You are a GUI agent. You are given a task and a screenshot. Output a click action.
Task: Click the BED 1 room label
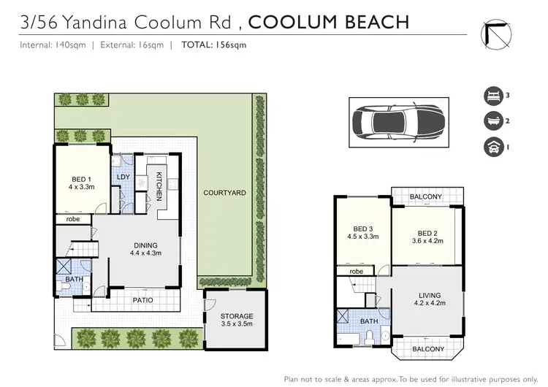80,181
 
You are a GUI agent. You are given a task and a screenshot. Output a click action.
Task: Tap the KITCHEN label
159,186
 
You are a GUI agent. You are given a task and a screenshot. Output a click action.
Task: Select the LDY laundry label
123,177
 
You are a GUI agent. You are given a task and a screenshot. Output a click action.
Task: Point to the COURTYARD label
224,192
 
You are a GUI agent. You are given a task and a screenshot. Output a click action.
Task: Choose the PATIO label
142,299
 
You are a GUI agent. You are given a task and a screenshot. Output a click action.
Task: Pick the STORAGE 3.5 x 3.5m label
236,319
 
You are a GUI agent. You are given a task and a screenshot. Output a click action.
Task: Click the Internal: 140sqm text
50,45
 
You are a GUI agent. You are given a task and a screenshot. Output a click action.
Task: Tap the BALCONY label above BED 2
427,197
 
